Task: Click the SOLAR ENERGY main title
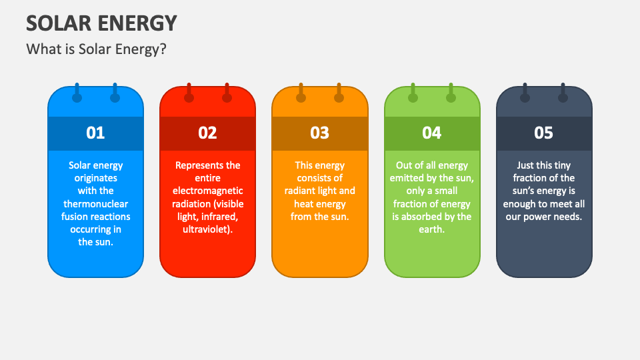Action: (x=101, y=23)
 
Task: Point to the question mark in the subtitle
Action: (x=163, y=49)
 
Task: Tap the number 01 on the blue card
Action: (x=95, y=133)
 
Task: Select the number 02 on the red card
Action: (x=207, y=133)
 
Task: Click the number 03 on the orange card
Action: (x=319, y=133)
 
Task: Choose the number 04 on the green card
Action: (x=432, y=133)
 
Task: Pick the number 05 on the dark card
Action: (x=544, y=133)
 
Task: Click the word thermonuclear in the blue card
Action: (x=95, y=204)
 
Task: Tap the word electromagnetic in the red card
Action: (x=207, y=191)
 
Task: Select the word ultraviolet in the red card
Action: (x=206, y=229)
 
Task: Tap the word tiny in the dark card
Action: (x=562, y=166)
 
